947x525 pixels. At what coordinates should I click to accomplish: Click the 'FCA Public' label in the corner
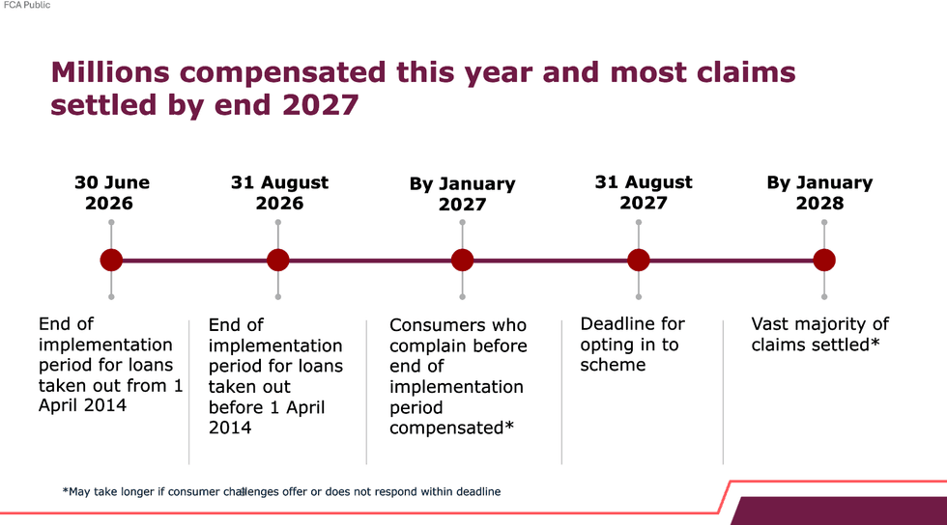[x=27, y=6]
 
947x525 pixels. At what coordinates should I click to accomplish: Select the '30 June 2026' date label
[x=111, y=192]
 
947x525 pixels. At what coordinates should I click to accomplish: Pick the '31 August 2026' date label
[x=279, y=192]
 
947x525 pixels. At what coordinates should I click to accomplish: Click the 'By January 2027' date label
[x=462, y=193]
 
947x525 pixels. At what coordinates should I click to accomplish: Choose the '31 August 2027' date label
[x=644, y=192]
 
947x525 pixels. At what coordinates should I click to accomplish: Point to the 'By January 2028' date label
[x=819, y=192]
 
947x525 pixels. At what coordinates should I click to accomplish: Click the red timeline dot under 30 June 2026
[x=111, y=261]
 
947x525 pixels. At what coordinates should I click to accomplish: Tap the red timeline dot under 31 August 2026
[x=278, y=261]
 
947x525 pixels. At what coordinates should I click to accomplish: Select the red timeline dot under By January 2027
[x=462, y=261]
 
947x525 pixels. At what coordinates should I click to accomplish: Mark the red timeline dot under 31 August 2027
[x=639, y=261]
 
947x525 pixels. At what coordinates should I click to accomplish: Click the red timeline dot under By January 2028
[x=823, y=261]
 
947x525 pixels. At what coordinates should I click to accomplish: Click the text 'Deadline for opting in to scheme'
[x=632, y=345]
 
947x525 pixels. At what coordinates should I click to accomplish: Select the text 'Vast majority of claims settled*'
[x=819, y=334]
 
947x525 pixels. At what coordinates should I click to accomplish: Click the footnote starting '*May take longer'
[x=281, y=492]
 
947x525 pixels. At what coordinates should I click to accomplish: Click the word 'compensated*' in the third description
[x=451, y=428]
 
